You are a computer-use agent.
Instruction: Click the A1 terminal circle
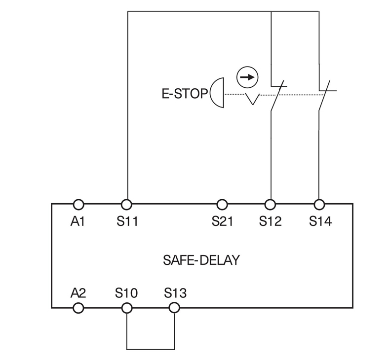pyautogui.click(x=78, y=204)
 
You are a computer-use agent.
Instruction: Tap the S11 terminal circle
pyautogui.click(x=127, y=204)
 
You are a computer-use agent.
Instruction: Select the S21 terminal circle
pyautogui.click(x=222, y=204)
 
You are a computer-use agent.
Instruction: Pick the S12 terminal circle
pyautogui.click(x=270, y=204)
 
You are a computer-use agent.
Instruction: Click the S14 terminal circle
pyautogui.click(x=319, y=204)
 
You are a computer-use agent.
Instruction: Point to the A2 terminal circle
pyautogui.click(x=78, y=308)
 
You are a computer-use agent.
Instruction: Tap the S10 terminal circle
pyautogui.click(x=127, y=308)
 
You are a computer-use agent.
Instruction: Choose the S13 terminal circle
pyautogui.click(x=174, y=308)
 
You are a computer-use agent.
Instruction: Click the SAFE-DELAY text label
pyautogui.click(x=201, y=260)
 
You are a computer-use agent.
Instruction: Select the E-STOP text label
pyautogui.click(x=185, y=94)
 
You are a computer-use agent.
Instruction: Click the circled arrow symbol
pyautogui.click(x=247, y=77)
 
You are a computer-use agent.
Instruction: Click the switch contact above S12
pyautogui.click(x=276, y=95)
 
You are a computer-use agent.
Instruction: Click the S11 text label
pyautogui.click(x=127, y=221)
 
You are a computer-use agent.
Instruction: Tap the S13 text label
pyautogui.click(x=175, y=294)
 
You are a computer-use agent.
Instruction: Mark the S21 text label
pyautogui.click(x=222, y=221)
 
